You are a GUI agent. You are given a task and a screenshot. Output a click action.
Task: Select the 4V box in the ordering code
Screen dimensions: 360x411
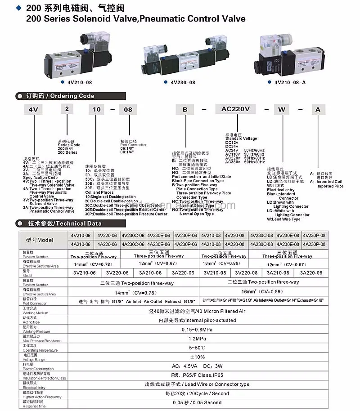(32, 109)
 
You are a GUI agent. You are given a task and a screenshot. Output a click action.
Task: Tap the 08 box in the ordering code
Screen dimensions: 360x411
(128, 109)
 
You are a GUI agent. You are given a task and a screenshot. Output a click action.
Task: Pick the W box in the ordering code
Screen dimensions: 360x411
(282, 109)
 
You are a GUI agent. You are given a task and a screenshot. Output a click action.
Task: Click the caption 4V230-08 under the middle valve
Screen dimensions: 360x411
(183, 82)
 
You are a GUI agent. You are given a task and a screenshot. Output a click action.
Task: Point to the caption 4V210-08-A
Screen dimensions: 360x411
(290, 82)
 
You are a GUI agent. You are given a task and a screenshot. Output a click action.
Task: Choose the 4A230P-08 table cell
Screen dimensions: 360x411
(314, 244)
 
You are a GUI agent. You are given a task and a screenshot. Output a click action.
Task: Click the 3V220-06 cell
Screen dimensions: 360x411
(117, 273)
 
